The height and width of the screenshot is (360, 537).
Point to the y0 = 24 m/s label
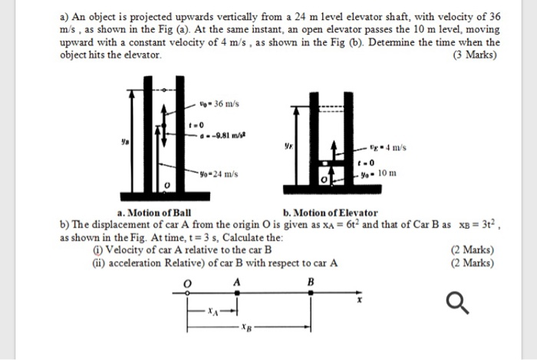pos(217,174)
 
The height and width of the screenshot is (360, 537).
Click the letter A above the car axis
pos(237,282)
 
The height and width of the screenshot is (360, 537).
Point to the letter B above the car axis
pos(310,282)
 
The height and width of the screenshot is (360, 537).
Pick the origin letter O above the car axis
pos(185,282)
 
